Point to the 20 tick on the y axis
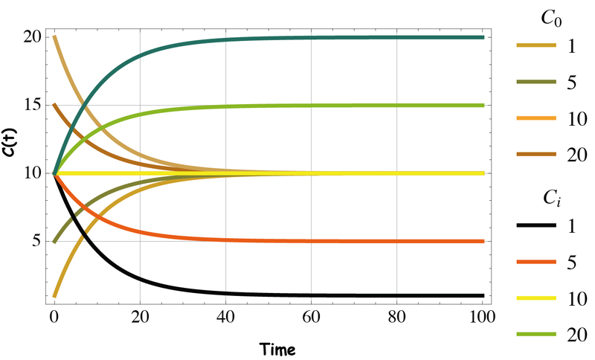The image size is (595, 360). click(x=31, y=37)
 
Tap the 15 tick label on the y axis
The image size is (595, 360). click(x=31, y=106)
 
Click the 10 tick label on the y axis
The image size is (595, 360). click(x=31, y=173)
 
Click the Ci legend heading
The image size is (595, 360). click(x=551, y=196)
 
